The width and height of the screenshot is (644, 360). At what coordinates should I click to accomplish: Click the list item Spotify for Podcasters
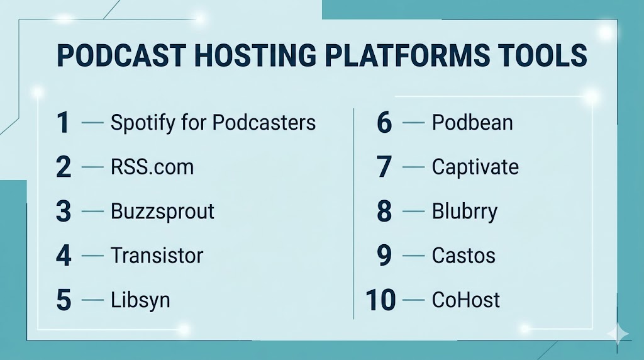click(213, 123)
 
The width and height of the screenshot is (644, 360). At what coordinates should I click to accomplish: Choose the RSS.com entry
click(152, 167)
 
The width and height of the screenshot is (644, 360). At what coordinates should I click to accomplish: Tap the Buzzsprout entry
click(162, 211)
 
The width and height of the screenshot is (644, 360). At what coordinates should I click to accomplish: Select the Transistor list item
click(157, 255)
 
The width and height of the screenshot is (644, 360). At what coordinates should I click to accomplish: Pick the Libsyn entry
click(140, 300)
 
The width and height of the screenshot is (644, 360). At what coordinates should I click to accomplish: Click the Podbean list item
click(472, 123)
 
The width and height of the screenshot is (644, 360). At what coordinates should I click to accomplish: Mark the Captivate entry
click(475, 167)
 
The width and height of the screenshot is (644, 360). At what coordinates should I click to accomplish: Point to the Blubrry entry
click(465, 211)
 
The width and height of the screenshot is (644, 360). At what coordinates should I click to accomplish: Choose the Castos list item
click(464, 256)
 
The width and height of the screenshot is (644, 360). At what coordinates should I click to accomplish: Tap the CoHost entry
click(466, 300)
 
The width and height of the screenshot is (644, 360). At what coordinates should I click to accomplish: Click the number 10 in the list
click(380, 300)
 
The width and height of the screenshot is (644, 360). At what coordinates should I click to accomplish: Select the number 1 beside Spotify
click(62, 123)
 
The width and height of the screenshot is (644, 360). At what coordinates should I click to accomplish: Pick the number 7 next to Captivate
click(384, 167)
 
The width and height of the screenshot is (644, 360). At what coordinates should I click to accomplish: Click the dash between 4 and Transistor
click(92, 256)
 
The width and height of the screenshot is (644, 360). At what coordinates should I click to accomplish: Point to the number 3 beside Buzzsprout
click(64, 211)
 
